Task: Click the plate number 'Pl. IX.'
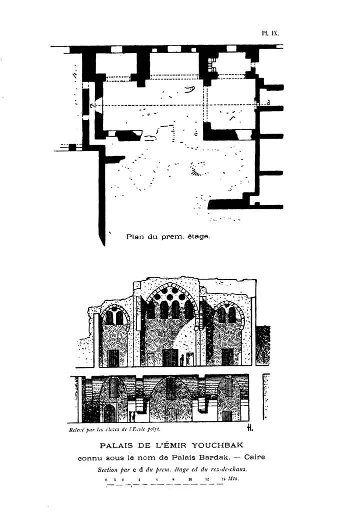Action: click(269, 34)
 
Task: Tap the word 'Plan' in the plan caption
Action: click(134, 236)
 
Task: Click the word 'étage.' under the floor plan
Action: click(198, 236)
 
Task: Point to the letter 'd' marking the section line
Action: click(268, 103)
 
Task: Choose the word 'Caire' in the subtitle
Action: click(254, 457)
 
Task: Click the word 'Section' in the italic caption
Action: click(109, 469)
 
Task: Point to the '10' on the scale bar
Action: click(190, 479)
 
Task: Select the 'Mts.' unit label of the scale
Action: click(233, 479)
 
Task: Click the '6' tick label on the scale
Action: click(156, 479)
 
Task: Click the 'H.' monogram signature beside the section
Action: click(250, 428)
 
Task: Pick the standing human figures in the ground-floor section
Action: click(131, 416)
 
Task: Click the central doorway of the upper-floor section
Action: click(169, 357)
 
